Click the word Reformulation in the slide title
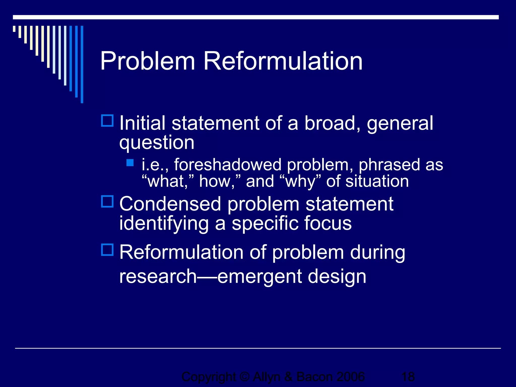tap(283, 61)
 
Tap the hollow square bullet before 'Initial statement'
tap(107, 121)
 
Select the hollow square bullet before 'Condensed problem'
tap(107, 202)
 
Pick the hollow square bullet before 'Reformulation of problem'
tap(107, 250)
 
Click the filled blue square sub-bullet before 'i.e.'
tap(130, 163)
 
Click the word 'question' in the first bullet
tap(157, 143)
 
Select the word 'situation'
tap(377, 181)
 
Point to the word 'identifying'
tap(164, 223)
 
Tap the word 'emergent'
tap(260, 276)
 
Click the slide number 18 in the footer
tap(408, 377)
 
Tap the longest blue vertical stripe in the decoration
tap(82, 64)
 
